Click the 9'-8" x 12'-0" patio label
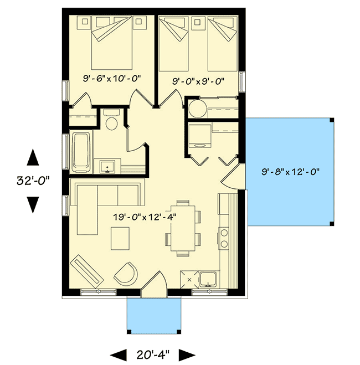(291, 172)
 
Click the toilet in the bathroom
(112, 121)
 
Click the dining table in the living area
(183, 228)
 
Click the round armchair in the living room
(126, 273)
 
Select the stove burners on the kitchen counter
(225, 238)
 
